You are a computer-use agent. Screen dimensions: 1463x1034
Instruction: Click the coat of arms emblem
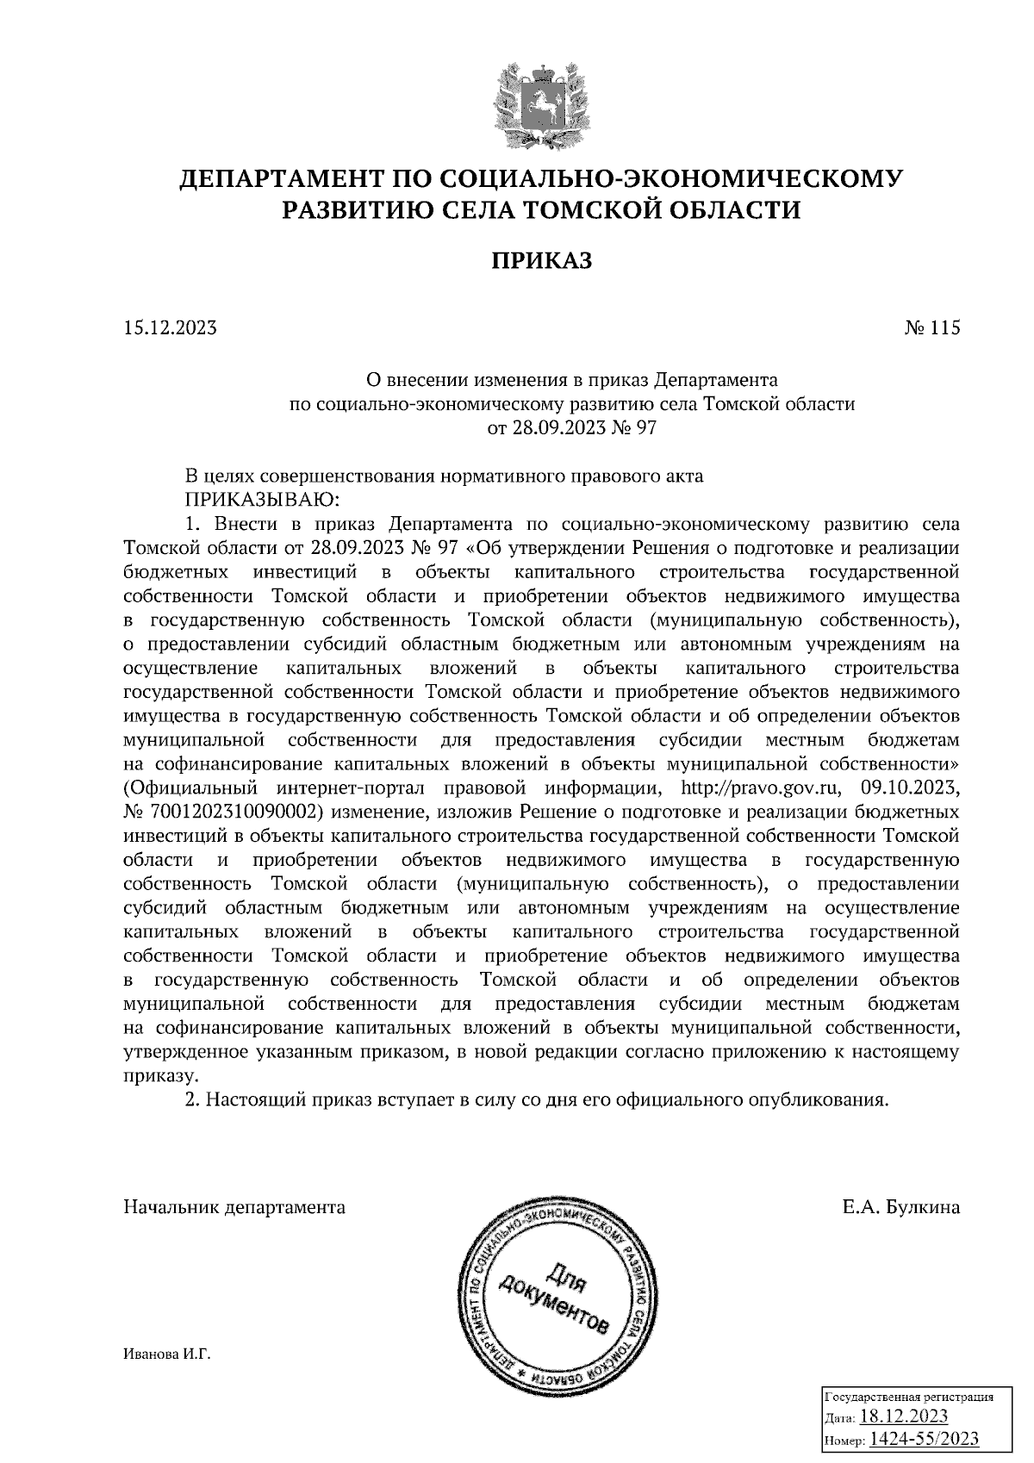(543, 101)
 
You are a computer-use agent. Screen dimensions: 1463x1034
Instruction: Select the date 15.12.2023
(170, 328)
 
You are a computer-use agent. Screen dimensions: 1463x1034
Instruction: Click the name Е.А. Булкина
(900, 1207)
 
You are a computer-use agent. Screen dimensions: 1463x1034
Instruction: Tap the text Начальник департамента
(234, 1207)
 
